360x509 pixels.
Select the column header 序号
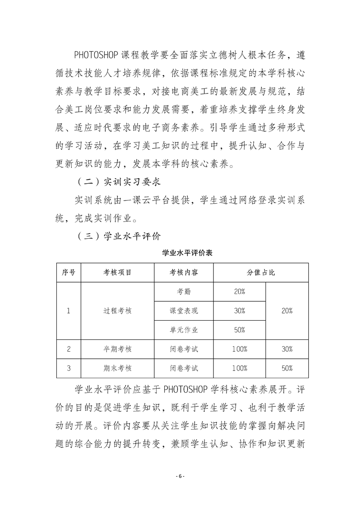click(69, 273)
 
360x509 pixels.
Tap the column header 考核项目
click(117, 273)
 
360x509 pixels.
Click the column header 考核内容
click(184, 273)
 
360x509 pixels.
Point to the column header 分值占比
click(261, 273)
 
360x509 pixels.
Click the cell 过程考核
click(117, 311)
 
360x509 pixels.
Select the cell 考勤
click(184, 292)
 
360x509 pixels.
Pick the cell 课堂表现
click(184, 311)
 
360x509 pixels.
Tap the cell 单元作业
click(184, 330)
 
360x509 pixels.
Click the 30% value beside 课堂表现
click(240, 311)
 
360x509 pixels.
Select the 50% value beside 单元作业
click(240, 330)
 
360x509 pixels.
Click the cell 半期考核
click(117, 349)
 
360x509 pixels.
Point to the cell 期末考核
click(117, 368)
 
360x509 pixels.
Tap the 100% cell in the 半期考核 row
click(240, 349)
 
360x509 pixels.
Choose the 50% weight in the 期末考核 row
click(287, 368)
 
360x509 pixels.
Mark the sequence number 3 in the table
click(69, 368)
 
